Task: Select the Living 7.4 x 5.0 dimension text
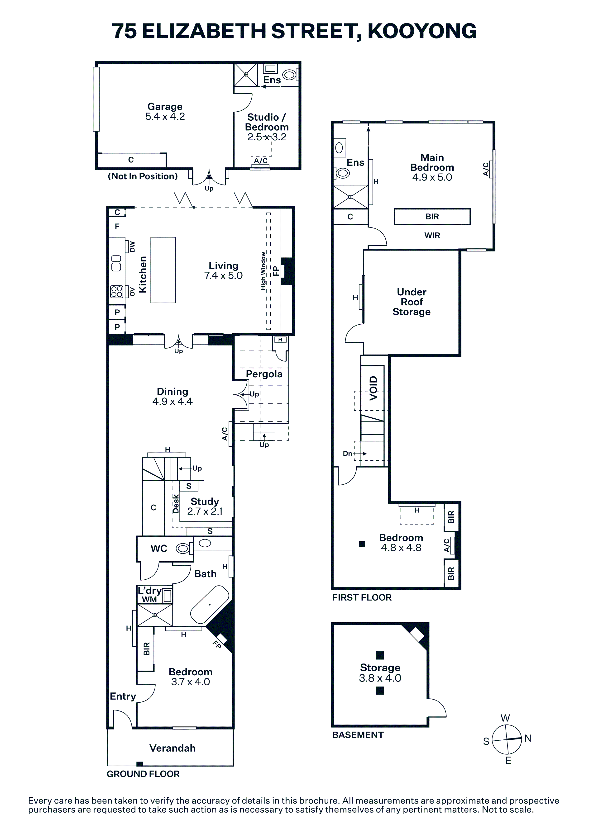223,276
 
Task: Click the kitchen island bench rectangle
163,270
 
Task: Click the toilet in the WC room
183,548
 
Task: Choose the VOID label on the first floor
373,388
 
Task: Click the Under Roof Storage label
412,302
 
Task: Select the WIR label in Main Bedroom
432,236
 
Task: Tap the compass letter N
528,738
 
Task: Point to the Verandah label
172,748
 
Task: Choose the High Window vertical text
263,271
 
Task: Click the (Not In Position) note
143,176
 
